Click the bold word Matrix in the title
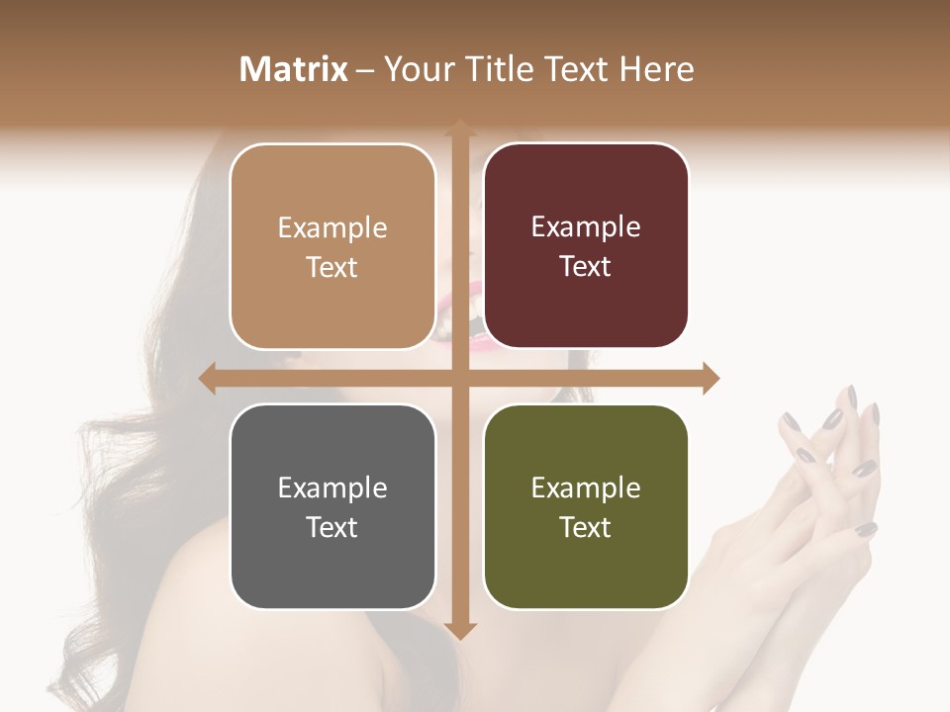click(294, 69)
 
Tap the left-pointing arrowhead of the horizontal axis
click(208, 378)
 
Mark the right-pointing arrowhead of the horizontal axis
click(711, 378)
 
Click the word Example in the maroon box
click(586, 227)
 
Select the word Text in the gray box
click(332, 527)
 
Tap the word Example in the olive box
click(586, 488)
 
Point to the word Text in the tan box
click(332, 267)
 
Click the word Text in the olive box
click(586, 527)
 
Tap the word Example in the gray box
click(332, 488)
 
